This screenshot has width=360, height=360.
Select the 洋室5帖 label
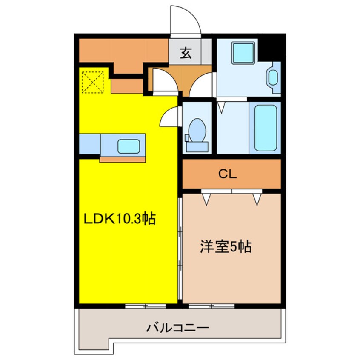coord(226,246)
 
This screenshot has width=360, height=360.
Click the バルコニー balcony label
coord(178,328)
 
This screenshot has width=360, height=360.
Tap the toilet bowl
coord(197,129)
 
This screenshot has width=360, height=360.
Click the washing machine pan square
coord(243,53)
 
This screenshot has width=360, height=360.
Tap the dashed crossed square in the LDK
coord(93,82)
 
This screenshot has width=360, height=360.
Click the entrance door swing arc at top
coord(184,19)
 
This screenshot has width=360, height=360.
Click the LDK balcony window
coord(146,306)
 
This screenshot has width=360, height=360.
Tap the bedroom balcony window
coord(211,306)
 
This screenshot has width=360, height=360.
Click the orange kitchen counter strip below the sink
coord(123,160)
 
